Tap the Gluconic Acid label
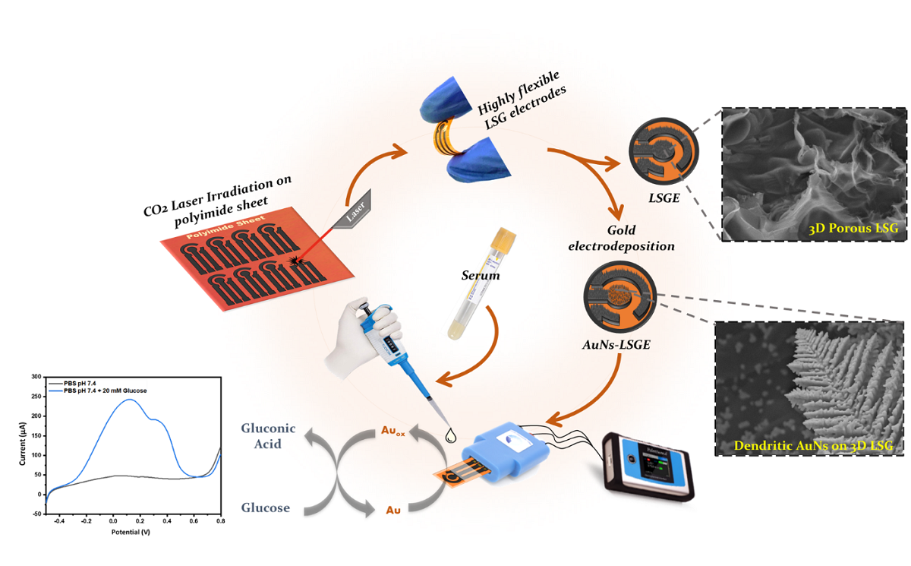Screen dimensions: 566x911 pyautogui.click(x=269, y=436)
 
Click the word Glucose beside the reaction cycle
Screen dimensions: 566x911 pyautogui.click(x=266, y=507)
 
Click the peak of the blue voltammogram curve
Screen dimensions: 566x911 pyautogui.click(x=129, y=400)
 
